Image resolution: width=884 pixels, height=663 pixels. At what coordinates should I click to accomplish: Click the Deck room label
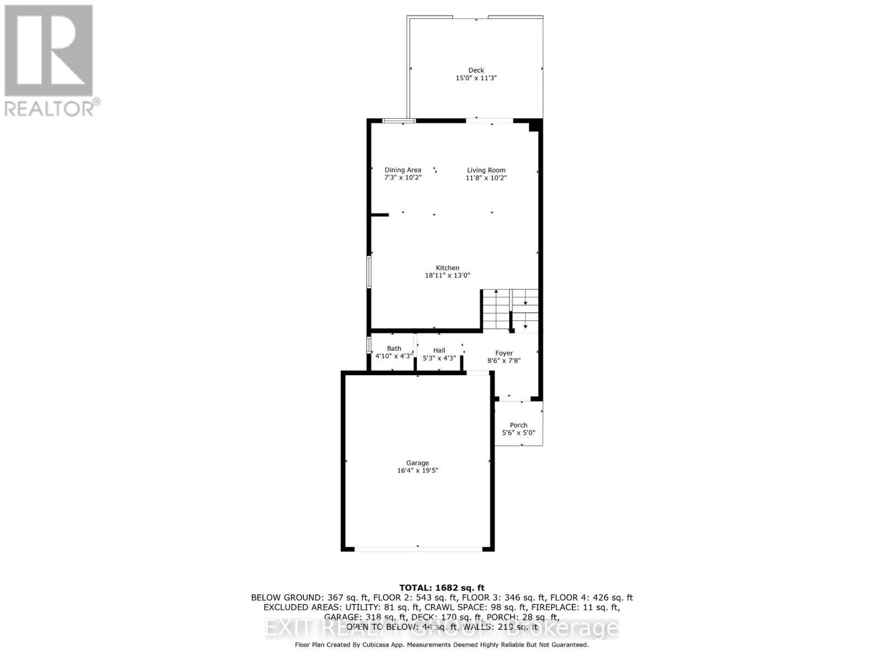(x=476, y=70)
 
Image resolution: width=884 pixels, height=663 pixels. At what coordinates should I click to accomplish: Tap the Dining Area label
(x=403, y=170)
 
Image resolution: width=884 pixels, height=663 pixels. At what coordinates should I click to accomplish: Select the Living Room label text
(x=486, y=170)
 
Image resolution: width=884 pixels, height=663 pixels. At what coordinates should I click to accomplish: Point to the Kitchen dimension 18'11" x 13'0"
(x=447, y=275)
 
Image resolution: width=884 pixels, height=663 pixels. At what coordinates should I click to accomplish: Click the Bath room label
(x=394, y=349)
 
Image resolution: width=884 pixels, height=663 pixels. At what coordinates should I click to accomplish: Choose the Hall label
(x=439, y=350)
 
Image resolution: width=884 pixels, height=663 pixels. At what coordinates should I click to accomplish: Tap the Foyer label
(x=504, y=353)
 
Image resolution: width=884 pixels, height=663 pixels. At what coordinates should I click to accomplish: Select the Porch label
(x=518, y=425)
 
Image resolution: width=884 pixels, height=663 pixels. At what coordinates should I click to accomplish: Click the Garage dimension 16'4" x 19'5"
(x=418, y=471)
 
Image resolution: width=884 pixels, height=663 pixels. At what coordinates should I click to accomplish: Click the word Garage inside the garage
(x=418, y=463)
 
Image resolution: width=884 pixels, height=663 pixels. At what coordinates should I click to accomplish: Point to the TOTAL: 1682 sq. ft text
(x=441, y=588)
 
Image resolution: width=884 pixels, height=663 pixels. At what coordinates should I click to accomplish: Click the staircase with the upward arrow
(x=496, y=310)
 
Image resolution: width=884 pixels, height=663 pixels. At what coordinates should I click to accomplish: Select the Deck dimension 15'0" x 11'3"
(x=476, y=78)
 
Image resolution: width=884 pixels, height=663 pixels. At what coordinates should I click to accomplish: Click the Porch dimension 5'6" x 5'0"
(x=518, y=433)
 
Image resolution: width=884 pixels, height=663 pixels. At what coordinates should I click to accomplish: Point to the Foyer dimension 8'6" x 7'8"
(x=504, y=361)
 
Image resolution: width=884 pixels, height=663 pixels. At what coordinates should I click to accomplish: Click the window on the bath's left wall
(x=369, y=344)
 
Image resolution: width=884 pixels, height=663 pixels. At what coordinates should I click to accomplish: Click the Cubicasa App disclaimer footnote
(x=441, y=645)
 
